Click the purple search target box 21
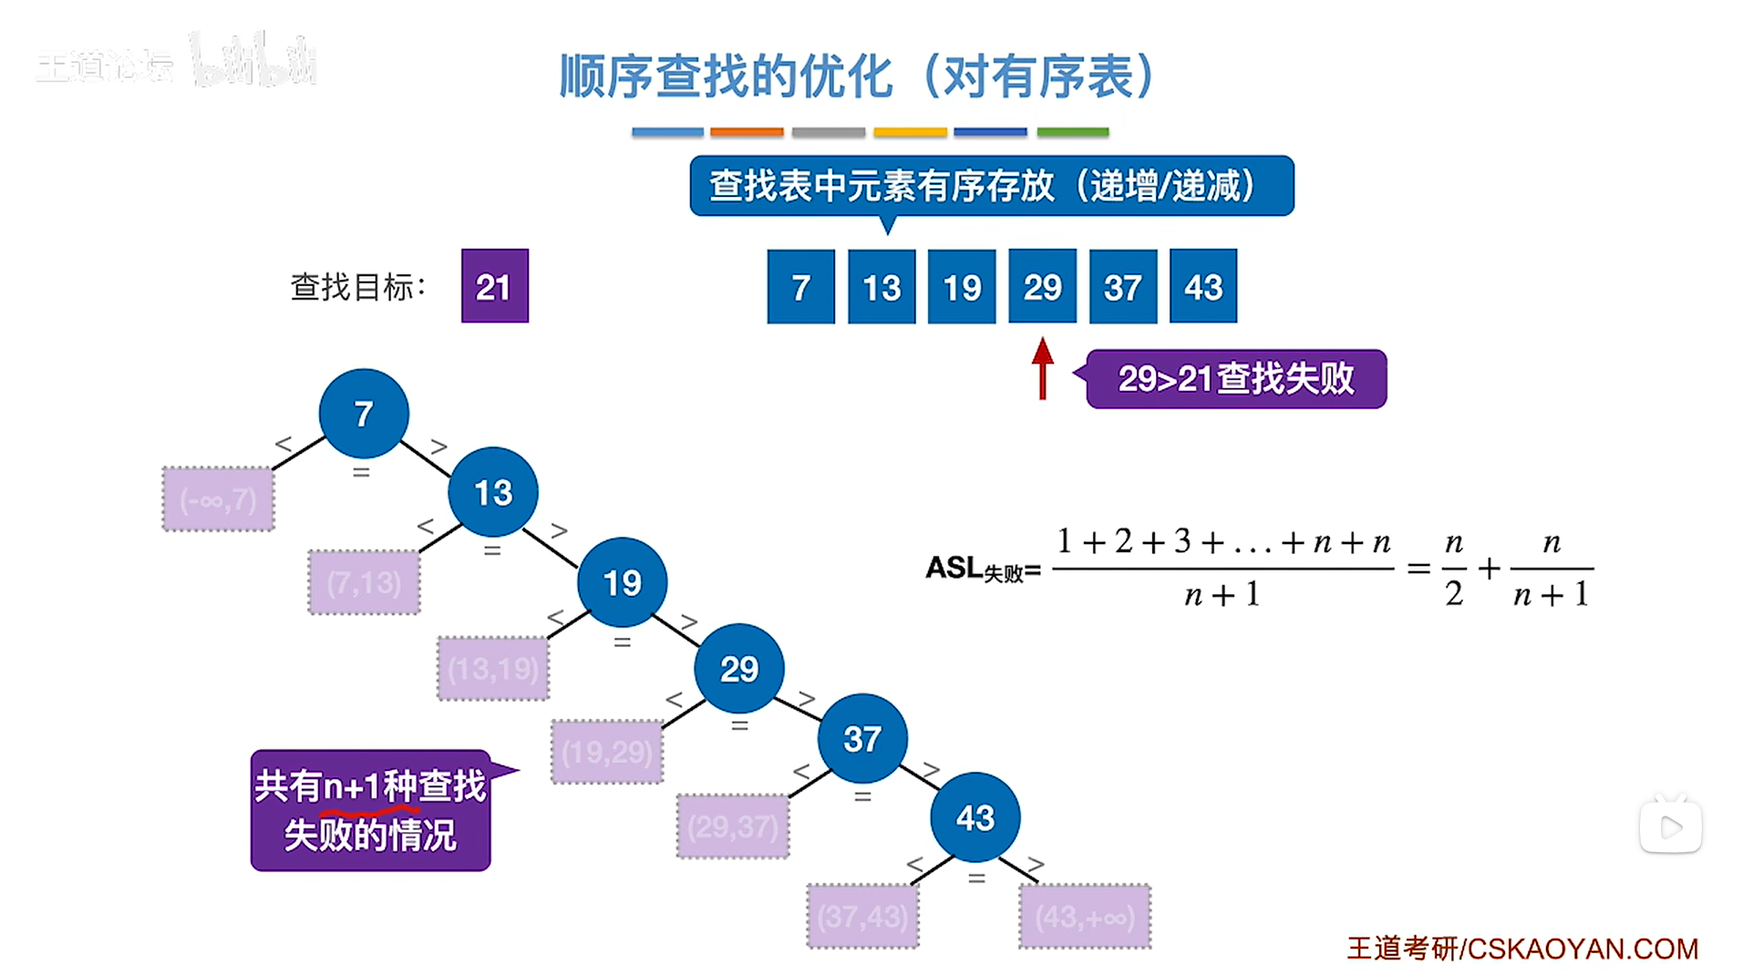[x=494, y=286]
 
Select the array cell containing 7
[x=800, y=286]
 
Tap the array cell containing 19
[x=961, y=286]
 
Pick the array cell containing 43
[x=1202, y=286]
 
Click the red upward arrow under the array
[x=1042, y=368]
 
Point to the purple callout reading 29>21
[x=1235, y=379]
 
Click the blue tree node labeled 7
[x=364, y=414]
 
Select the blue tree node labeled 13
[x=492, y=492]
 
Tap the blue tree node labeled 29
[x=738, y=669]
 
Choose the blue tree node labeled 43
[x=975, y=817]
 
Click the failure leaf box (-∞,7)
[x=218, y=499]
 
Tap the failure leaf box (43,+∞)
[x=1085, y=916]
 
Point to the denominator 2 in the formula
[x=1453, y=594]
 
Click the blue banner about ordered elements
[x=991, y=186]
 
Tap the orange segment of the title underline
[x=747, y=132]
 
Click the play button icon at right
[x=1670, y=827]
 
